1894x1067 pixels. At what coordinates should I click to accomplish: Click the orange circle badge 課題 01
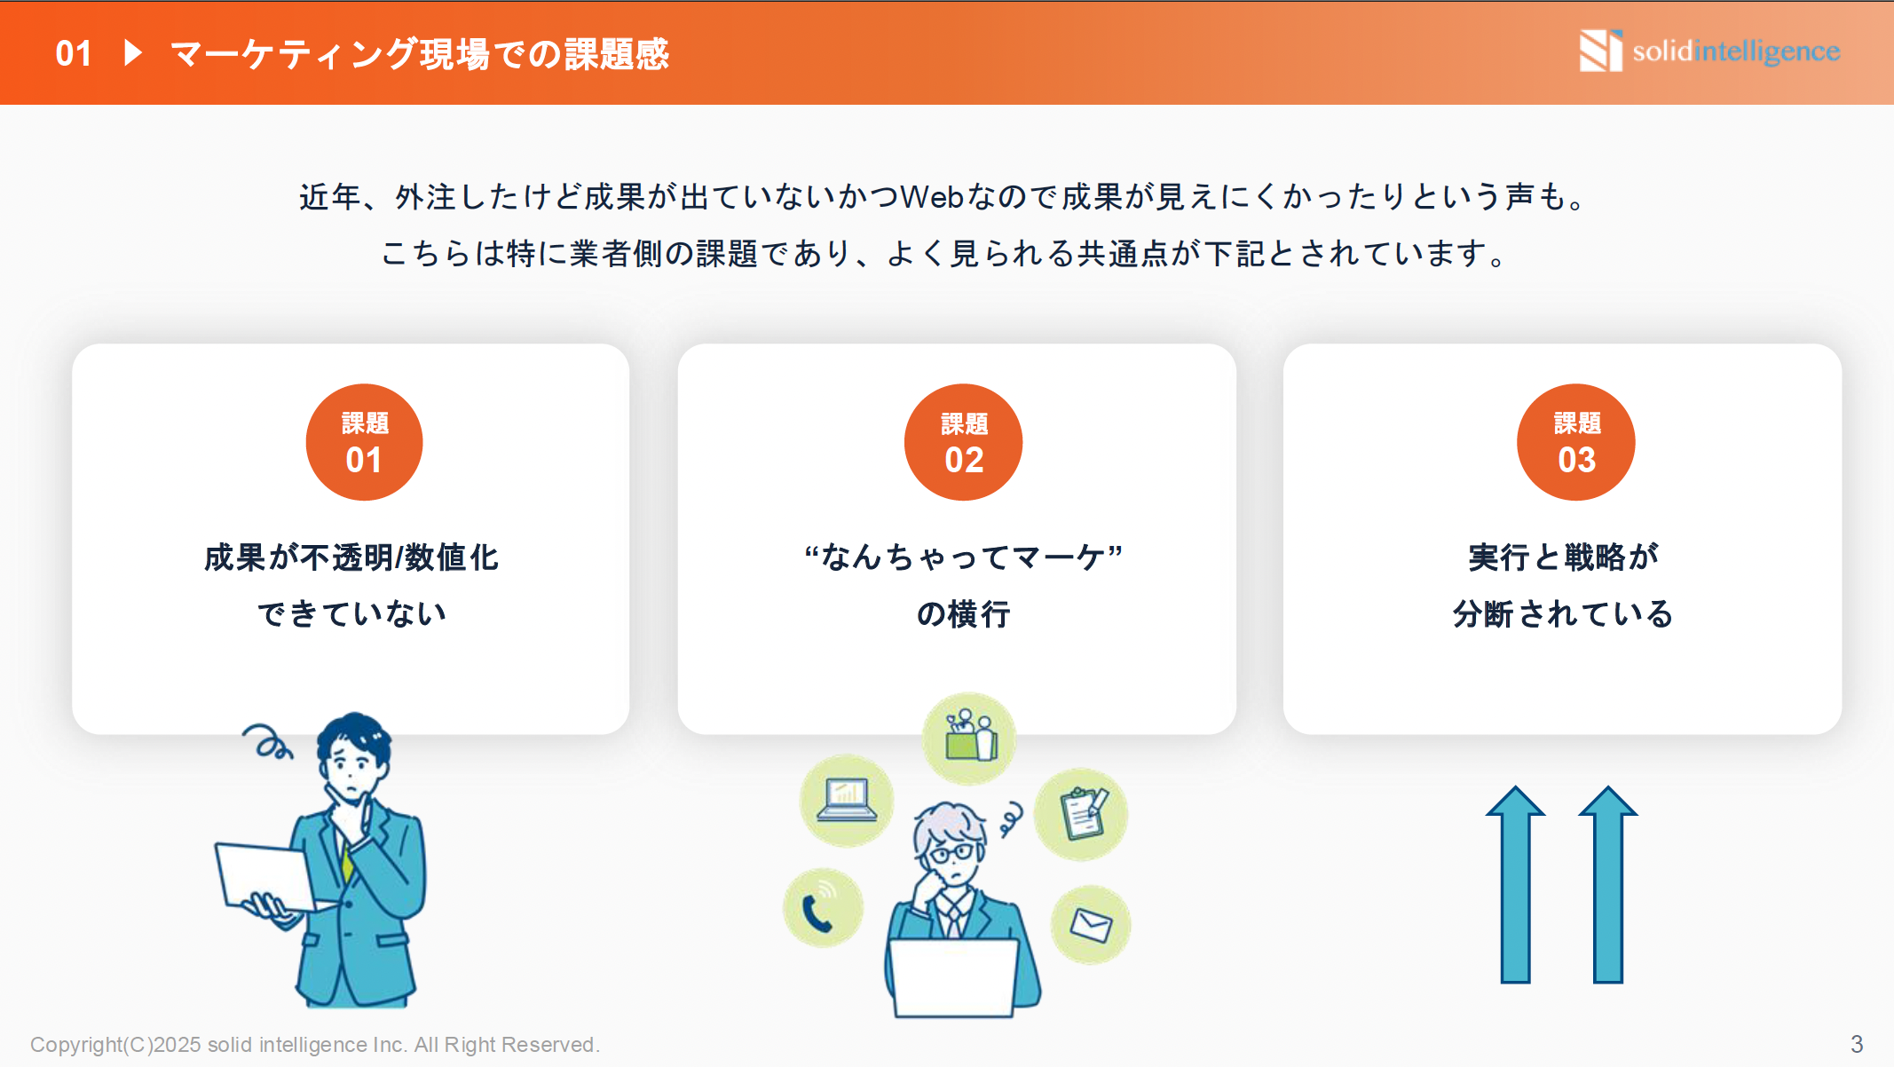(x=364, y=442)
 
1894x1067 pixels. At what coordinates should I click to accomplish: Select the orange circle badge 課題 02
(x=963, y=442)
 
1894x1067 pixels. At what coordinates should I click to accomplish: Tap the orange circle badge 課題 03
(x=1575, y=442)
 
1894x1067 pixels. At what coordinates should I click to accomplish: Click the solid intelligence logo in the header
(x=1709, y=51)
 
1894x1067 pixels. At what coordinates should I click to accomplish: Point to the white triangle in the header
(x=133, y=52)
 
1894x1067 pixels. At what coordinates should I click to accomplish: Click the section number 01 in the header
(x=74, y=53)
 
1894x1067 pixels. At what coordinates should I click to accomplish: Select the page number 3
(x=1856, y=1044)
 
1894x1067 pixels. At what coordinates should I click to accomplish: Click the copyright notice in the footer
(x=315, y=1045)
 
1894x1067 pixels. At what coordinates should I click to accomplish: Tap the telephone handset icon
(x=819, y=912)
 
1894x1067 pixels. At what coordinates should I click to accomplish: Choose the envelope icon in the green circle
(x=1090, y=925)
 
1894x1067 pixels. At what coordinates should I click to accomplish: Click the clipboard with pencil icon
(x=1083, y=812)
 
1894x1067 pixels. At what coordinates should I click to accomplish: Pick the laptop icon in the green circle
(x=846, y=799)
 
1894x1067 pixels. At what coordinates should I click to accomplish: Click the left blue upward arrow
(x=1515, y=883)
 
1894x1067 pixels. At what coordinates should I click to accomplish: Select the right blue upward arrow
(x=1607, y=883)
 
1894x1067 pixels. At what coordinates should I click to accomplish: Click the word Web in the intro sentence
(x=932, y=197)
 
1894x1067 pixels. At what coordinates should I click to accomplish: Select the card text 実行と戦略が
(x=1563, y=557)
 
